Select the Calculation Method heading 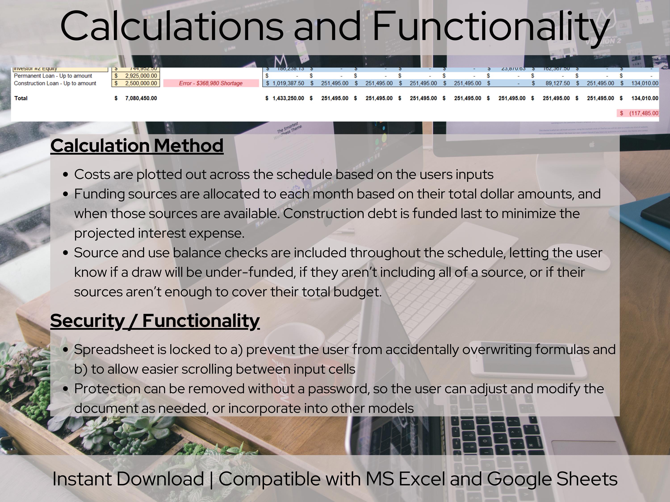(137, 146)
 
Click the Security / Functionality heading (155, 321)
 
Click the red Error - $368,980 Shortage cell (211, 83)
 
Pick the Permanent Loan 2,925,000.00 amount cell (136, 76)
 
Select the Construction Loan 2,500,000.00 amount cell (136, 83)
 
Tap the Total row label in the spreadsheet (21, 98)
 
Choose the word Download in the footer (160, 479)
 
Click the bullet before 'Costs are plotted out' (66, 175)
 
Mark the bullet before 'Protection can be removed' (66, 389)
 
